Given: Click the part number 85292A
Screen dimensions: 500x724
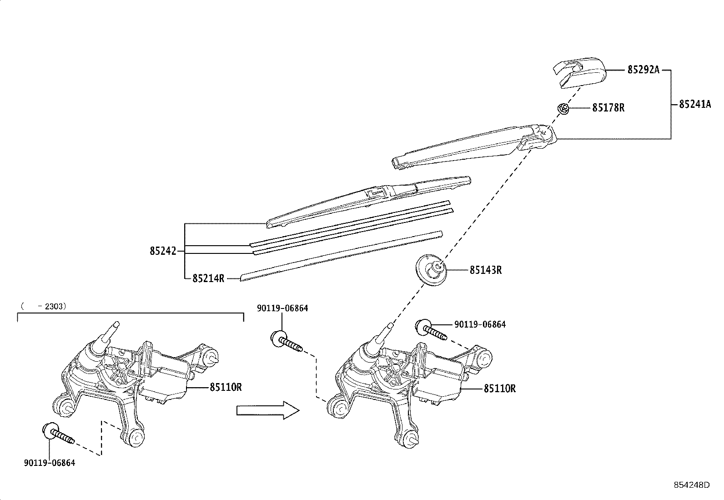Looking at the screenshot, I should (x=643, y=70).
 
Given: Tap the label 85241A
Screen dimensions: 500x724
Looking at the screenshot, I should (x=694, y=104).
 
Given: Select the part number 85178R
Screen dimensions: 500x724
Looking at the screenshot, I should (x=608, y=108).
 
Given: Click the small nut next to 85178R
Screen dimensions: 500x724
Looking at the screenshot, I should (x=563, y=109).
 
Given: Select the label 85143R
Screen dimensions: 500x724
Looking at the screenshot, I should (x=485, y=270).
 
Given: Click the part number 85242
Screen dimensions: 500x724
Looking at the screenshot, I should (x=163, y=251).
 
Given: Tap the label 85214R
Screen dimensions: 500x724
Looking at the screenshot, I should (x=208, y=278).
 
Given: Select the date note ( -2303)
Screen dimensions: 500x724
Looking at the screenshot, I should (x=44, y=307).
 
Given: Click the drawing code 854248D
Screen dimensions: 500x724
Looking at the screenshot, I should (x=691, y=485).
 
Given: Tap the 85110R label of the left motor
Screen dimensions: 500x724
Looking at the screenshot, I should (x=226, y=387).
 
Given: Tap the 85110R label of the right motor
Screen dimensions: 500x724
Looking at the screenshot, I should (x=499, y=389).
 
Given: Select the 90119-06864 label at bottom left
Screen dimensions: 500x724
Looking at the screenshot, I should (x=49, y=463).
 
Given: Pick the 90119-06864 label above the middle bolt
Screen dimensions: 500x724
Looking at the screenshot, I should (x=282, y=308).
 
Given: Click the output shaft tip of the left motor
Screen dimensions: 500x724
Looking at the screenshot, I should (x=116, y=324).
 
